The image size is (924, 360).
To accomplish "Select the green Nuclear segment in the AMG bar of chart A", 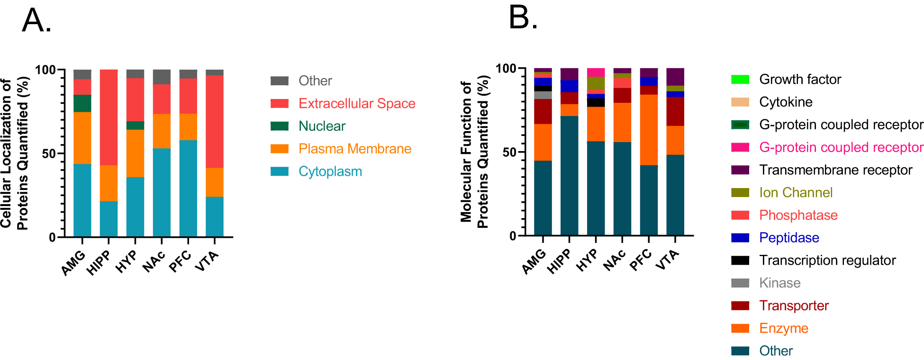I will (82, 103).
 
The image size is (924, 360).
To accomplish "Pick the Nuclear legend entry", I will (322, 126).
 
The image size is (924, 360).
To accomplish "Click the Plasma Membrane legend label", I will (354, 149).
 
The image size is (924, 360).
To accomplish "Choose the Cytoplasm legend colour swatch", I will (279, 171).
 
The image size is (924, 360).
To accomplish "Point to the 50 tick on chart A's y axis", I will (48, 153).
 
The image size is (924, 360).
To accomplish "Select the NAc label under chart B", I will (615, 261).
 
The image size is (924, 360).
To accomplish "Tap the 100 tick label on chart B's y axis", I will (506, 69).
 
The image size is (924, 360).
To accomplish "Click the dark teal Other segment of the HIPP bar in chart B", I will (569, 175).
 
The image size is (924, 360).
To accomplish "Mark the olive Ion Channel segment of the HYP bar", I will (596, 83).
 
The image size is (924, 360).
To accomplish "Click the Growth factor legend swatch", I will (740, 80).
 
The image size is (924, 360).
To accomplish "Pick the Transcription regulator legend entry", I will (827, 260).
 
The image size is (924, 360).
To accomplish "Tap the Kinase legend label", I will (779, 283).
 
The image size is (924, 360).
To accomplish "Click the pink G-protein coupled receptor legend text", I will (841, 147).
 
